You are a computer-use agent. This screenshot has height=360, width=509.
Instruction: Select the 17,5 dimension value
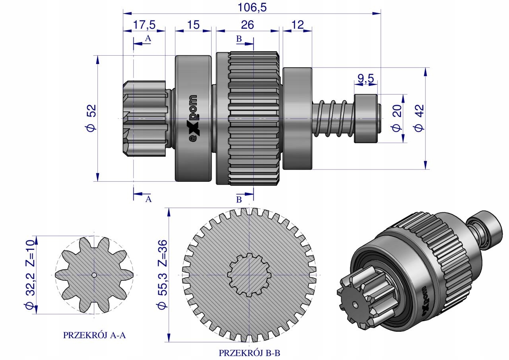pos(144,25)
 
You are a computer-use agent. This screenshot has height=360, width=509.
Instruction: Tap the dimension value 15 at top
pos(193,25)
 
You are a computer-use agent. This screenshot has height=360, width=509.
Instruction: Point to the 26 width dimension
pos(247,25)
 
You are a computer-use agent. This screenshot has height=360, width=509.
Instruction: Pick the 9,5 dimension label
pos(365,79)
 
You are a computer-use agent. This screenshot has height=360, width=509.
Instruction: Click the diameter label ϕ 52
pos(91,119)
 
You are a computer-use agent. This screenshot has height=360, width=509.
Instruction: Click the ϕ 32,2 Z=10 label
pos(30,274)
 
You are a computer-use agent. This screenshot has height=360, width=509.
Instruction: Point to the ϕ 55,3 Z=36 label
pos(162,274)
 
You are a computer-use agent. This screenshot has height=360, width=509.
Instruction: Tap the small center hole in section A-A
pos(94,275)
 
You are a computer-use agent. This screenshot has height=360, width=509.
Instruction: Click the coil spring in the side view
pos(333,118)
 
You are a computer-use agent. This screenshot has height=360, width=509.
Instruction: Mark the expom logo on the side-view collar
pos(193,119)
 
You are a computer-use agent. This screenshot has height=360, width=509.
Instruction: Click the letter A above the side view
pos(148,38)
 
